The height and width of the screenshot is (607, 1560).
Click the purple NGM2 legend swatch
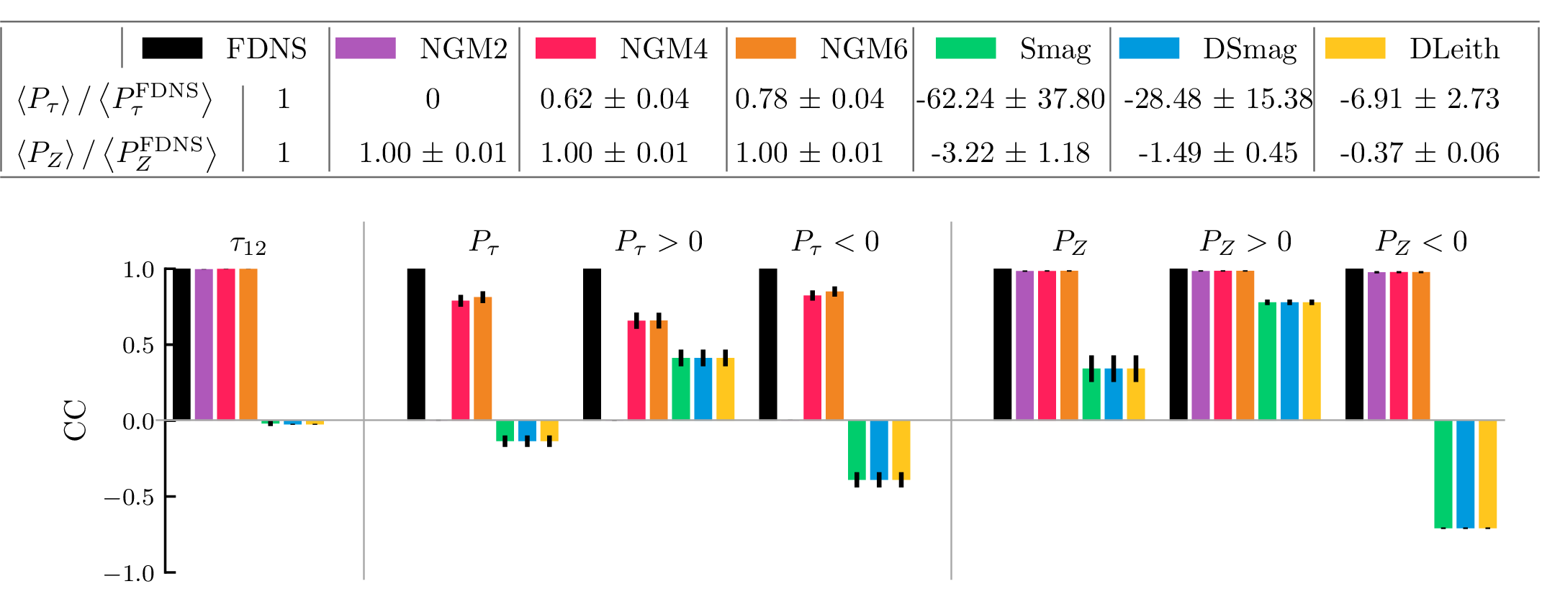coord(366,48)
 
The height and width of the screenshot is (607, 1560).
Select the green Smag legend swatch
coord(965,48)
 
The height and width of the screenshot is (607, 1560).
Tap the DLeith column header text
coord(1454,49)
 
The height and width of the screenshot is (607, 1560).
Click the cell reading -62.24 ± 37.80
coord(1010,99)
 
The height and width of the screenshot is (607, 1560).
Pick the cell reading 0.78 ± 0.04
coord(809,99)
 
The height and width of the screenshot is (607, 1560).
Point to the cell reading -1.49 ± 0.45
coord(1217,153)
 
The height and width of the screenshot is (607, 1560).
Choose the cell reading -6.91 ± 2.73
coord(1419,99)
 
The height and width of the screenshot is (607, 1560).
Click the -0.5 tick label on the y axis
coord(129,497)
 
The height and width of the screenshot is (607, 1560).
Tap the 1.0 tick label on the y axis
coord(138,270)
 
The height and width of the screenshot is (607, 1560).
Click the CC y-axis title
coord(76,420)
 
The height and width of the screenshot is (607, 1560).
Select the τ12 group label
coord(248,244)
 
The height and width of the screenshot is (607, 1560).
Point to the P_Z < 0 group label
coord(1421,242)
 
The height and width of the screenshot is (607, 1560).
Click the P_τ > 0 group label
coord(659,242)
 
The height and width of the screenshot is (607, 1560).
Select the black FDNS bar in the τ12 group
coord(181,344)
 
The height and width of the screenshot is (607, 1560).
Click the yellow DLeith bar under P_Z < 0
coord(1487,474)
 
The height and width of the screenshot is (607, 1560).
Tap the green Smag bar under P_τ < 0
coord(857,449)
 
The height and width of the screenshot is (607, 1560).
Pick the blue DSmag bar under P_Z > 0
coord(1289,361)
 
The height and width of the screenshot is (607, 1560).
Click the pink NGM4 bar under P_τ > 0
coord(636,370)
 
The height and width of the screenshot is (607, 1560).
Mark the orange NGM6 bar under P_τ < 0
coord(834,356)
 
